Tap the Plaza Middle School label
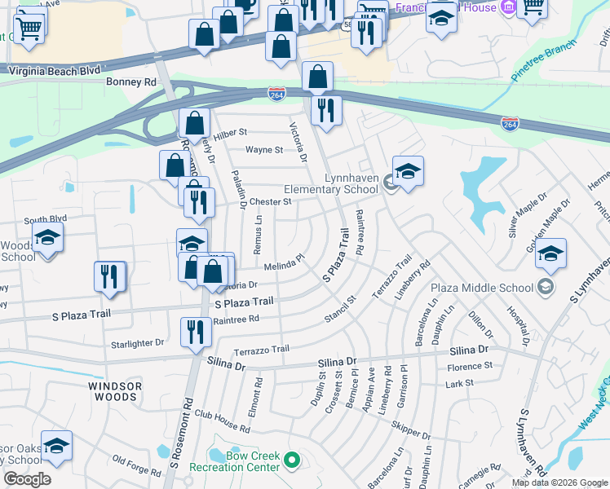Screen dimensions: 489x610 485,287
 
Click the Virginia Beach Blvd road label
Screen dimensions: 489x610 54,71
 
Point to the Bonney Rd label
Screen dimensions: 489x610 130,82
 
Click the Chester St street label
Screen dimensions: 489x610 270,201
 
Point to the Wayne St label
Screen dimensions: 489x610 264,150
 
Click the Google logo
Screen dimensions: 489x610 27,479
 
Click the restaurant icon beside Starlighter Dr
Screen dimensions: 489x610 195,332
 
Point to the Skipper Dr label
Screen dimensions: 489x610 409,430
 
